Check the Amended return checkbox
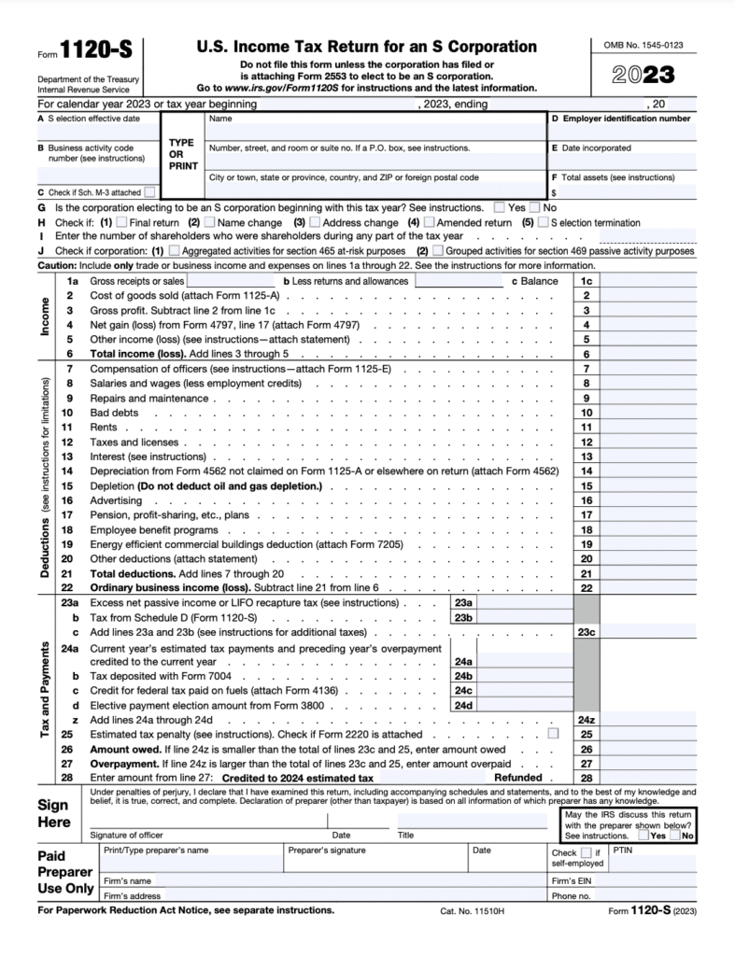click(x=429, y=223)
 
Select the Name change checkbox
click(x=209, y=223)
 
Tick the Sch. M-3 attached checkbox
click(x=150, y=192)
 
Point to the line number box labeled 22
click(x=586, y=588)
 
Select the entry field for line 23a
click(x=523, y=604)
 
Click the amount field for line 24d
click(x=523, y=706)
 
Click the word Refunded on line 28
click(x=518, y=777)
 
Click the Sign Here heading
click(x=54, y=813)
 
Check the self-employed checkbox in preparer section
click(x=586, y=852)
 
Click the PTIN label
click(x=623, y=851)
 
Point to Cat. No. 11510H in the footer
click(x=472, y=911)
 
